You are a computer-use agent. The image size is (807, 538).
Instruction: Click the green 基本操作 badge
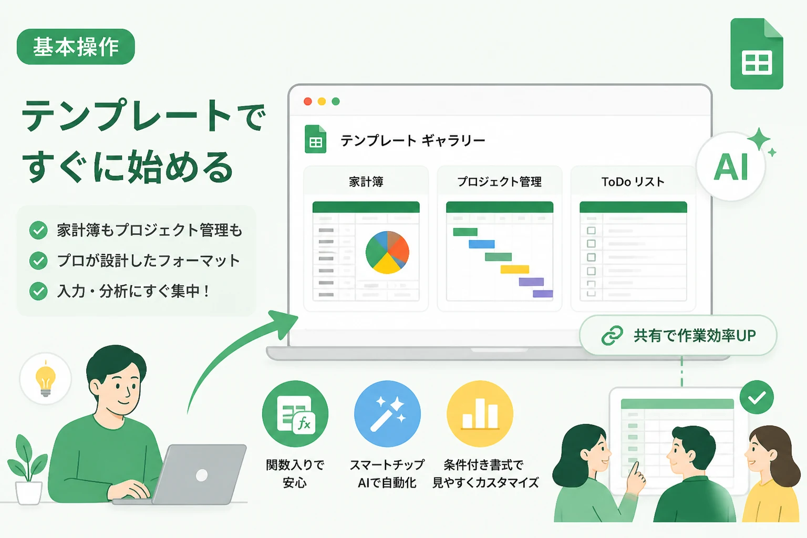(x=76, y=47)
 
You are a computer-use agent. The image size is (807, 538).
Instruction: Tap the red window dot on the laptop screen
(x=308, y=101)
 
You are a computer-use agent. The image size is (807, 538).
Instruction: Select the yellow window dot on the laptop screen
(x=322, y=101)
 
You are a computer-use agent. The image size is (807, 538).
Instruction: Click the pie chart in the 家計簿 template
(x=387, y=252)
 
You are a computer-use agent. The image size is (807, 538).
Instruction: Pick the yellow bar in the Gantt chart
(x=515, y=269)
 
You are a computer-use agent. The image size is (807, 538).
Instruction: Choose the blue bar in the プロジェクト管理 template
(x=482, y=244)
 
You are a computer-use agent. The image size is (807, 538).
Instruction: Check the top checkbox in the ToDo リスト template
(x=591, y=230)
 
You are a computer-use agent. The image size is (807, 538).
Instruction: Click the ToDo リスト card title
(x=633, y=182)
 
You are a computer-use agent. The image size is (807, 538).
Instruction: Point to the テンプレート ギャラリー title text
(x=413, y=140)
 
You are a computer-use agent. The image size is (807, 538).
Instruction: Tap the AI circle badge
(x=731, y=167)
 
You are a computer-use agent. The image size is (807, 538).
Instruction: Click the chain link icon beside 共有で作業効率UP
(x=612, y=336)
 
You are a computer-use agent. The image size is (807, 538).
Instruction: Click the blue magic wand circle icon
(x=387, y=413)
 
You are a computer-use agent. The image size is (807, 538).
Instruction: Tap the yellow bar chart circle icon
(x=480, y=413)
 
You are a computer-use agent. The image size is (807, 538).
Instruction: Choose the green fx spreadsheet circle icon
(x=295, y=413)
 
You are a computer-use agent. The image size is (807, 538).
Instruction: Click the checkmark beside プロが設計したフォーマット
(x=38, y=261)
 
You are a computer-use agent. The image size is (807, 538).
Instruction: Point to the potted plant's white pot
(x=29, y=493)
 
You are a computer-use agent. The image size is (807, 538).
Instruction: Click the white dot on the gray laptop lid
(x=202, y=475)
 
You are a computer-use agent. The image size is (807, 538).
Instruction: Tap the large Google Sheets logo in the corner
(x=757, y=54)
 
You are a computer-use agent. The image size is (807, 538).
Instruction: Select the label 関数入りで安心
(x=295, y=473)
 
